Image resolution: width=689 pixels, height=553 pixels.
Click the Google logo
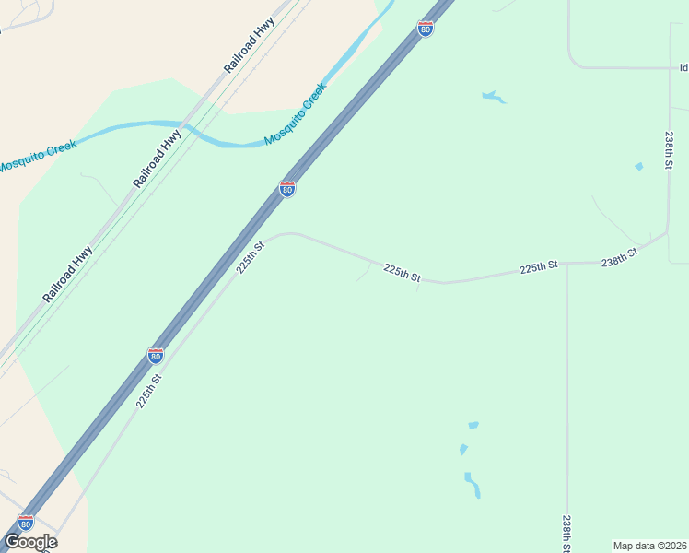point(30,542)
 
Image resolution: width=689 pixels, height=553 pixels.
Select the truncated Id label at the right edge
point(683,67)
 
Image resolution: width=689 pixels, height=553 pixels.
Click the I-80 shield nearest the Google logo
point(26,523)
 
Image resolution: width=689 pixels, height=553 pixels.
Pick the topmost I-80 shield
point(425,29)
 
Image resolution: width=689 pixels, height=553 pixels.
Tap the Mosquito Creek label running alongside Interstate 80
point(296,114)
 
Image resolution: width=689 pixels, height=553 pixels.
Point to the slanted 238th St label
point(620,257)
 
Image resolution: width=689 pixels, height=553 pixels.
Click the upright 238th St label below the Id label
point(670,148)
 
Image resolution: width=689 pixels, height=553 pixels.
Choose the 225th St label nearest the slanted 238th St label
point(539,266)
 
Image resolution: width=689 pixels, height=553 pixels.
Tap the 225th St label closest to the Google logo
point(149,390)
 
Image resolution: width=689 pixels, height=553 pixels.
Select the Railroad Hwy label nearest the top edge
point(250,46)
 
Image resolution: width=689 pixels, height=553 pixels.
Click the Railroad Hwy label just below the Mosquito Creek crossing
point(158,159)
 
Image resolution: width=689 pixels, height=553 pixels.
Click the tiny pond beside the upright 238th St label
point(638,166)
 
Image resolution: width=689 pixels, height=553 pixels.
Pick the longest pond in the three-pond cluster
point(473,484)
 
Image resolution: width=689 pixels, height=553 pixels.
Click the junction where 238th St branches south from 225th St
point(566,264)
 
